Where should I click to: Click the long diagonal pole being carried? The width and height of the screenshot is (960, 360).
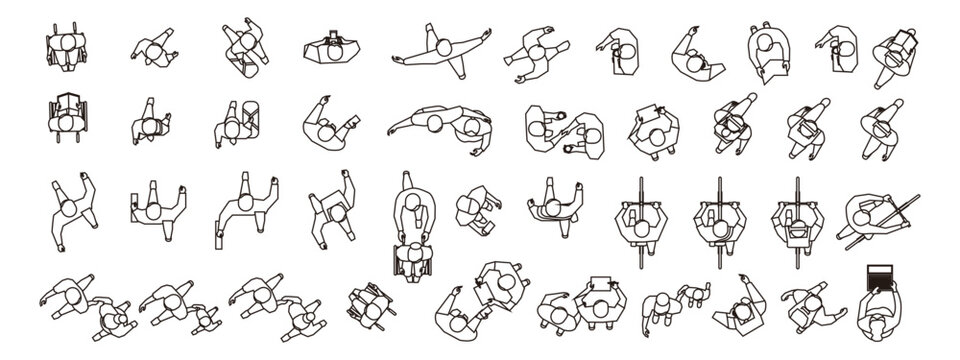click(x=880, y=222)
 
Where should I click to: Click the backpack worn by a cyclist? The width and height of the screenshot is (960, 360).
click(x=797, y=229)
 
